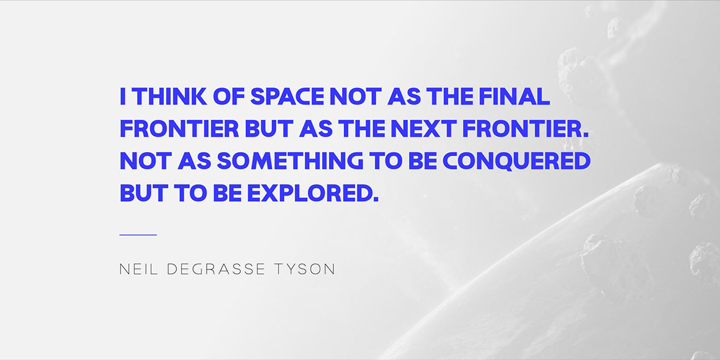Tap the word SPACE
[287, 96]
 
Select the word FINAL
[514, 96]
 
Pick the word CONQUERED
[516, 161]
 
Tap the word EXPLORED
[313, 193]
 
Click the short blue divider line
[138, 235]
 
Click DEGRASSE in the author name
[216, 269]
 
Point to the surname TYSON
[304, 269]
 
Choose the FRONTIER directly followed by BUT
[179, 128]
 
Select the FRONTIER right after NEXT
[525, 128]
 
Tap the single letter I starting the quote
[123, 96]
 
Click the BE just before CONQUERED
[423, 161]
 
